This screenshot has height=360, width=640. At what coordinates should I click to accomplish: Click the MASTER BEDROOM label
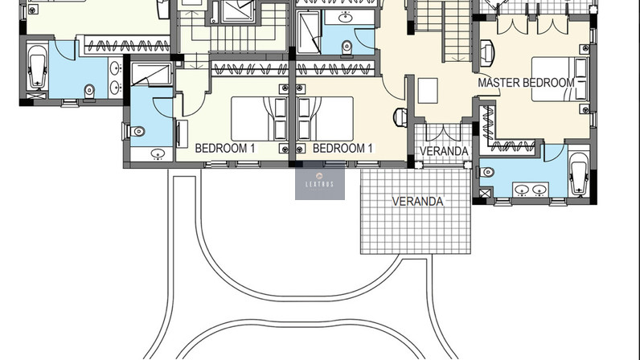tap(526, 83)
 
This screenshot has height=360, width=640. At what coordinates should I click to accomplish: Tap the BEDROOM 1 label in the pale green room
tap(225, 148)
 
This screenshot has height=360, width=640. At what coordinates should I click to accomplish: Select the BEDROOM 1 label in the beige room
tap(343, 148)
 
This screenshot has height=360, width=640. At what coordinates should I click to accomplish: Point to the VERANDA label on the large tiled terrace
tap(417, 201)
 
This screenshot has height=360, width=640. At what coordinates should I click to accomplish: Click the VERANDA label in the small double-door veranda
tap(444, 151)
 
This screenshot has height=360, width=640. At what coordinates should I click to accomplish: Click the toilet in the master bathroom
tap(486, 172)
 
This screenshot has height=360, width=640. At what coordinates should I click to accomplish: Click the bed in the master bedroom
tap(559, 80)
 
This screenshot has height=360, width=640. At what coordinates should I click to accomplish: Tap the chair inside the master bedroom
tap(487, 53)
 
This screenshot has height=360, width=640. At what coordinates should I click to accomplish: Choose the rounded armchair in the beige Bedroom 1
tap(400, 117)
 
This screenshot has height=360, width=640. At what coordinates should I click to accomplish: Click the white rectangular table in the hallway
tap(428, 91)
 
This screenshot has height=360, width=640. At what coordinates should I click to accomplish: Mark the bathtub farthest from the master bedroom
tap(37, 67)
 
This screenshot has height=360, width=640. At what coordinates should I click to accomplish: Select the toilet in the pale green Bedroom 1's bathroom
tap(136, 132)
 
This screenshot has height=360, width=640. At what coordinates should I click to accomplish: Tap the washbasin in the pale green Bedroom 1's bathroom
tap(158, 153)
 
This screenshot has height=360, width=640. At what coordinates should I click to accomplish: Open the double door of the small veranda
tap(443, 132)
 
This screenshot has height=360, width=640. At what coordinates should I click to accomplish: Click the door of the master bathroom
tap(554, 153)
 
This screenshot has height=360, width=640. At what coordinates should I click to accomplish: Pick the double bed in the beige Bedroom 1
tap(326, 119)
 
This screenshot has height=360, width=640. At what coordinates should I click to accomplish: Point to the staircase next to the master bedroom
tap(443, 31)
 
